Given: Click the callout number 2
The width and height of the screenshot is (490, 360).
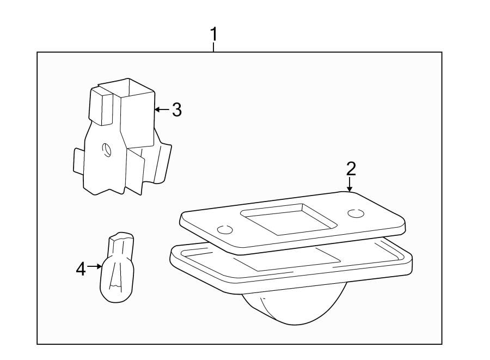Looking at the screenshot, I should (x=351, y=168).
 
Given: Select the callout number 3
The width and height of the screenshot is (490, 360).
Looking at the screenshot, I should (x=176, y=110).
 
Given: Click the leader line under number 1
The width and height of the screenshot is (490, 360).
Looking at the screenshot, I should (x=214, y=47).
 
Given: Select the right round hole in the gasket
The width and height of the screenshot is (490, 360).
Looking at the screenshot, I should (x=356, y=214).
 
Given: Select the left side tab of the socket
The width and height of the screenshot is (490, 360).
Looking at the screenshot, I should (x=78, y=161).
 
